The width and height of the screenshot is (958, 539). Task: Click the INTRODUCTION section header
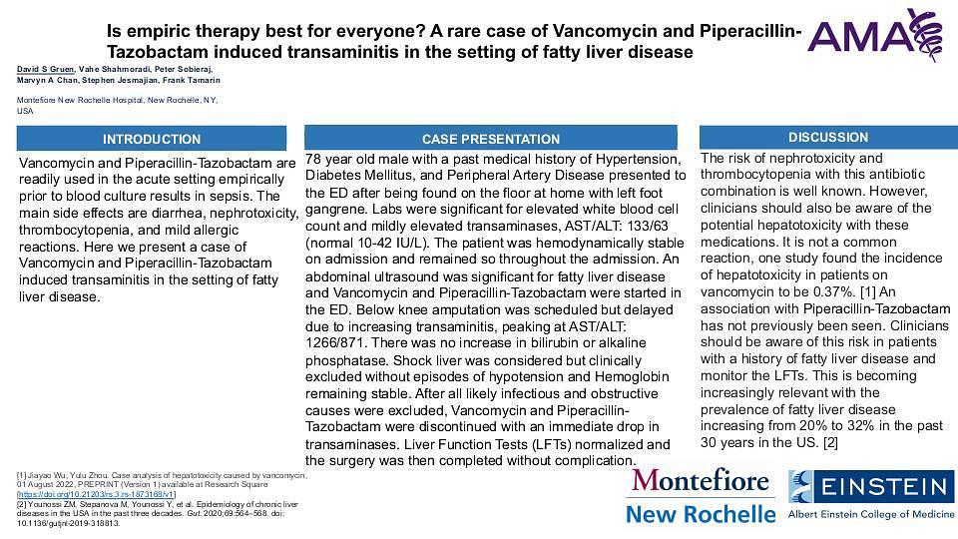tap(152, 139)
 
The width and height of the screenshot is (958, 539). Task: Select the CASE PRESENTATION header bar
tap(490, 139)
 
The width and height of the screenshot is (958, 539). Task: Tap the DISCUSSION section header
tap(827, 137)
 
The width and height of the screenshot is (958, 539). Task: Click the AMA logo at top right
tap(875, 32)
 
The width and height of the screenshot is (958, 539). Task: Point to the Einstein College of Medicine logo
tap(871, 495)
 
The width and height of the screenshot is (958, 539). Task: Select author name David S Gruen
tap(46, 68)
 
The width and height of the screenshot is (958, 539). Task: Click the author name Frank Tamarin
tap(192, 80)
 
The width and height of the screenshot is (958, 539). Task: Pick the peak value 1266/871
tap(337, 342)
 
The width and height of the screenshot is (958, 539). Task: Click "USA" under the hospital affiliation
tap(26, 111)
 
